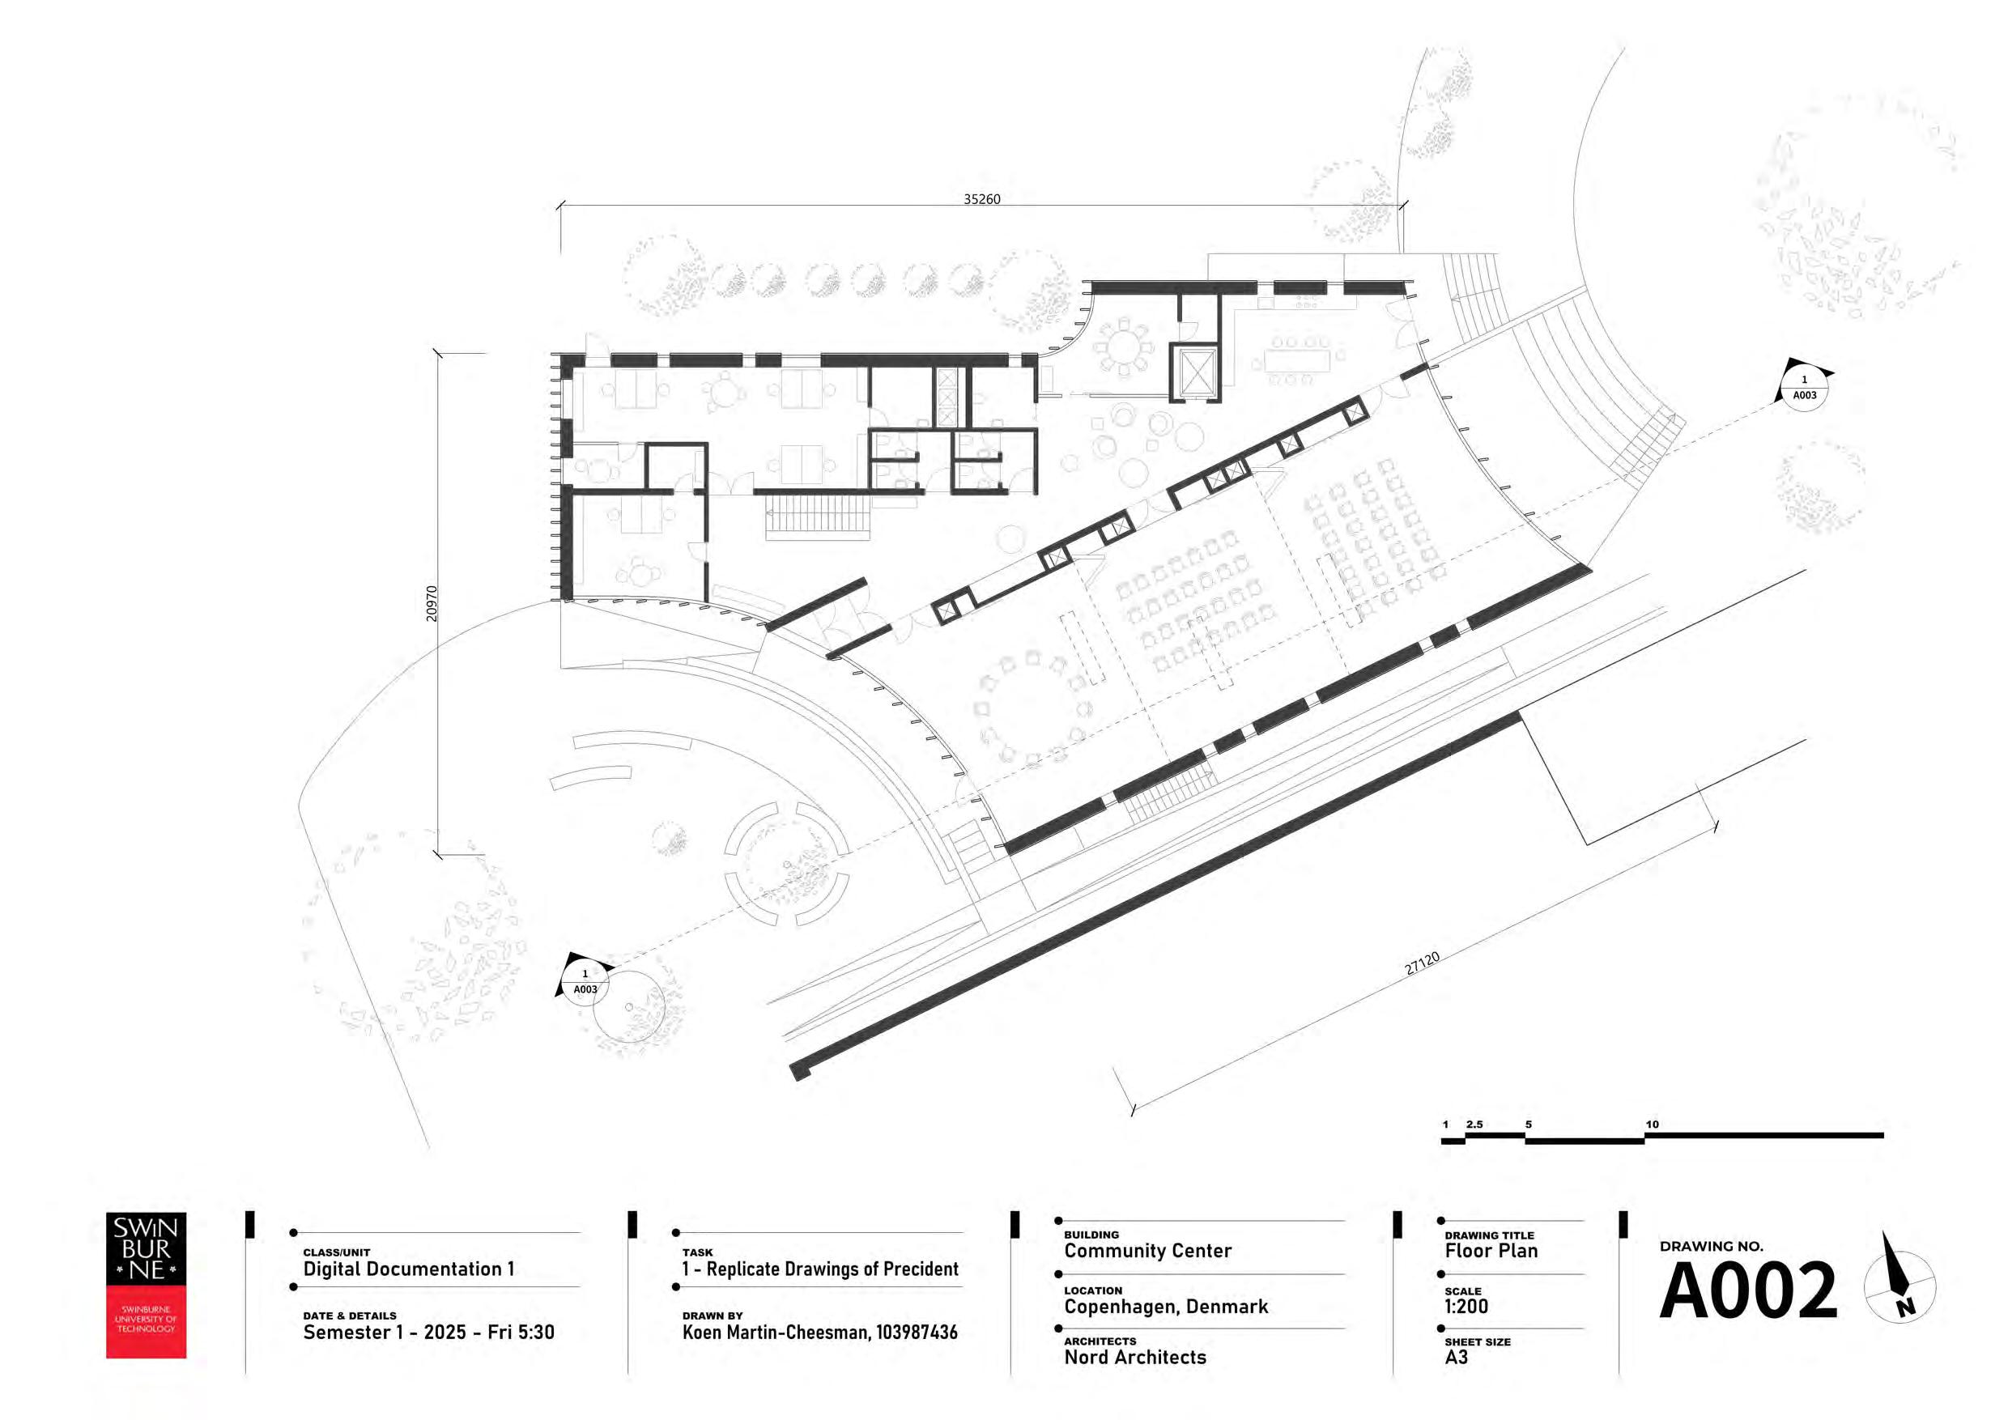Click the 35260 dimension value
(x=981, y=199)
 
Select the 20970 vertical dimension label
(x=432, y=603)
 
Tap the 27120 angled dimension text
(x=1422, y=963)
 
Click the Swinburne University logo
(x=146, y=1285)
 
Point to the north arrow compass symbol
(x=1900, y=1286)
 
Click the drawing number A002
(x=1748, y=1290)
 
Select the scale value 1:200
(x=1466, y=1307)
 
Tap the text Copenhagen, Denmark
(x=1166, y=1307)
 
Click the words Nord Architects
(x=1135, y=1357)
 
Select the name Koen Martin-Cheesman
(x=775, y=1333)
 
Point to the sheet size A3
(x=1456, y=1357)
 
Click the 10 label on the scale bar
(x=1651, y=1125)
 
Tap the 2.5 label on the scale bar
(x=1474, y=1125)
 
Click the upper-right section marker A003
(x=1804, y=387)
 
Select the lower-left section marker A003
(x=585, y=981)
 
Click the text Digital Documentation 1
(x=408, y=1269)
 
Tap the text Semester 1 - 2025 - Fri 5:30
(x=428, y=1333)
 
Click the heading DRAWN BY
(x=713, y=1315)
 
